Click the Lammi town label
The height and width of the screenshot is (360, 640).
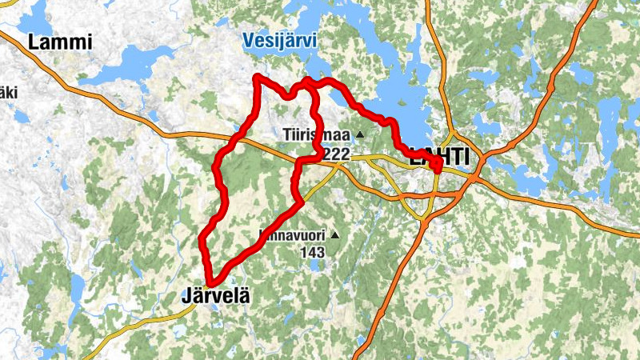pyautogui.click(x=60, y=42)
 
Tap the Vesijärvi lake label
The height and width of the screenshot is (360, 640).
pyautogui.click(x=279, y=40)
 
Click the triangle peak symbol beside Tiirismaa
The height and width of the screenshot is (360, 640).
pyautogui.click(x=360, y=134)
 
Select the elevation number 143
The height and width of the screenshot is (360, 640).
pyautogui.click(x=313, y=252)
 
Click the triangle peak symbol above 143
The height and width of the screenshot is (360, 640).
pyautogui.click(x=334, y=235)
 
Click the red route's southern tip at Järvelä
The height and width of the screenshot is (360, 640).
pyautogui.click(x=210, y=282)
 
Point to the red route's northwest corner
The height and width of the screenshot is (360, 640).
pyautogui.click(x=256, y=77)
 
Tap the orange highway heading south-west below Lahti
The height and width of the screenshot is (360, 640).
pyautogui.click(x=392, y=280)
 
